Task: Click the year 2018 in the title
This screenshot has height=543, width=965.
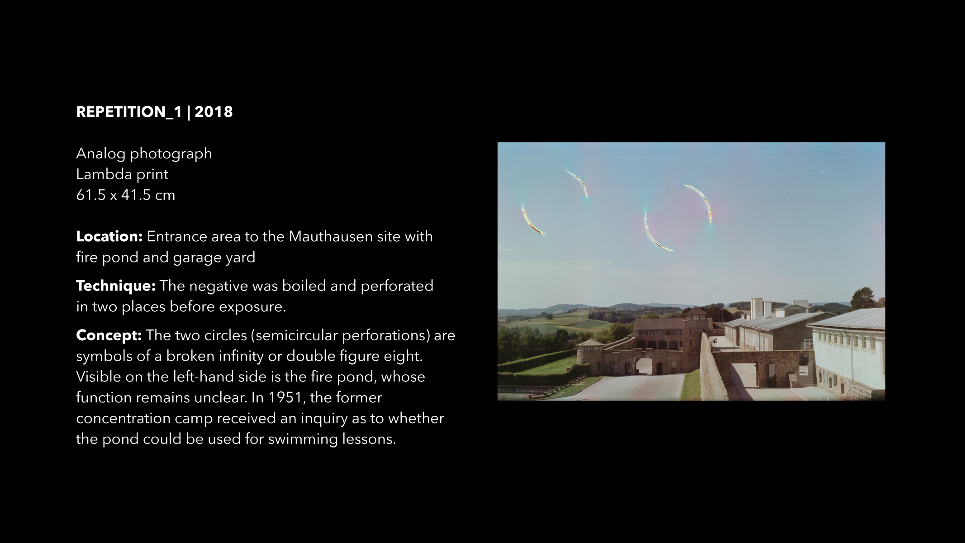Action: [214, 112]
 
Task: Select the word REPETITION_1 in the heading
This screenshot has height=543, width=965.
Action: [129, 112]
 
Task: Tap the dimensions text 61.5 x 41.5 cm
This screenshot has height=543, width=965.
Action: [126, 195]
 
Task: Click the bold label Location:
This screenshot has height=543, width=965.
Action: [109, 236]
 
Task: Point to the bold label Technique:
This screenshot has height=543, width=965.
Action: [116, 286]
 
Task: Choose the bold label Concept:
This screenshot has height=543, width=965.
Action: [109, 335]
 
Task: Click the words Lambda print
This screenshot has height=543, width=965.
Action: [122, 174]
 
